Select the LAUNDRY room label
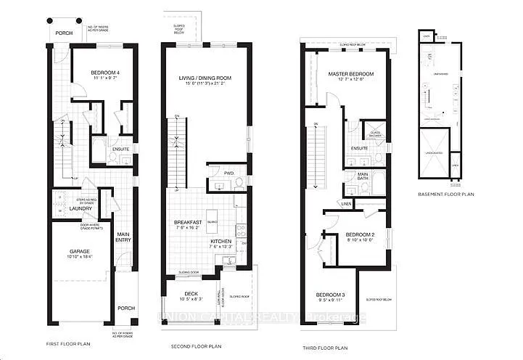coord(80,208)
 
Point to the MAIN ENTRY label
coord(124,237)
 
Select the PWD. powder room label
coord(228,173)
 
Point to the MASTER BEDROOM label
coord(350,74)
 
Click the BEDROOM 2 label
coord(359,235)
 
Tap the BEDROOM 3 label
coord(331,294)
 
